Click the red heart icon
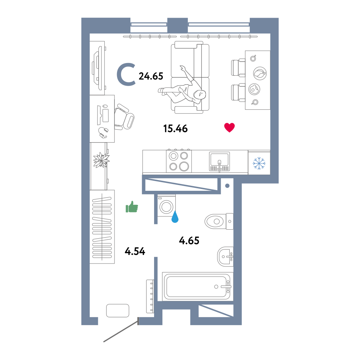click(229, 127)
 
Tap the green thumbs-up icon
click(132, 207)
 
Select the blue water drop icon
click(175, 217)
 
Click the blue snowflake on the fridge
click(259, 163)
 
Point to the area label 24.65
click(151, 76)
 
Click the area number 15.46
click(175, 129)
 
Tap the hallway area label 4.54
click(135, 251)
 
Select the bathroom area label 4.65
click(189, 240)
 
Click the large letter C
click(126, 75)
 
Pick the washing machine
click(166, 206)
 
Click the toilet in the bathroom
click(219, 221)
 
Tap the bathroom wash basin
click(225, 257)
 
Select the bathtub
click(197, 287)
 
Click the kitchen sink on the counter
click(219, 162)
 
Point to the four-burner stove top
click(179, 161)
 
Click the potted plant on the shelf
click(101, 160)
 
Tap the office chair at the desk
click(124, 117)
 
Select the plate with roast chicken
click(260, 73)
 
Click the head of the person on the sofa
click(199, 94)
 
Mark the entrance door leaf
click(121, 330)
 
